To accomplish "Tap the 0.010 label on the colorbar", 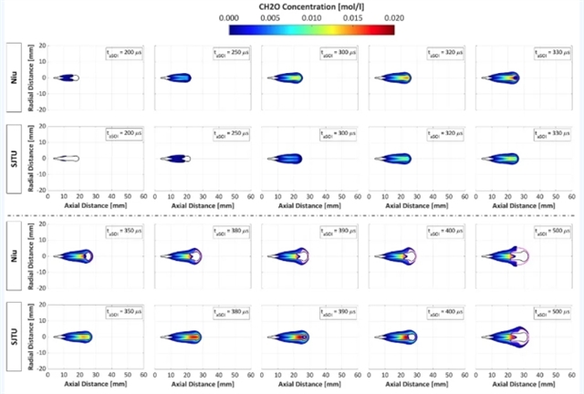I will point(311,17).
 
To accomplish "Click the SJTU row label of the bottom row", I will point(15,337).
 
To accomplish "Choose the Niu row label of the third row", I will point(15,256).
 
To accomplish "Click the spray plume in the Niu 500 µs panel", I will point(520,256).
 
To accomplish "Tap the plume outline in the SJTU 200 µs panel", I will point(67,159).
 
